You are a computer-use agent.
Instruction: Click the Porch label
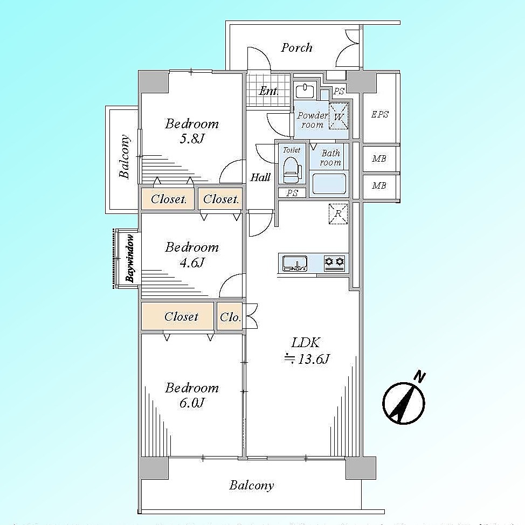point(296,47)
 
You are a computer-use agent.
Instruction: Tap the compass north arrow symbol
point(404,399)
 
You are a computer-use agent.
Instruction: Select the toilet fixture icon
point(291,169)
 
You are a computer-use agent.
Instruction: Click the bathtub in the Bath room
point(329,184)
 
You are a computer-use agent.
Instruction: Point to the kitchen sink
point(295,263)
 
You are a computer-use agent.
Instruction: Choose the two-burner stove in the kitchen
point(335,263)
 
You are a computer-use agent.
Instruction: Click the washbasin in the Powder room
point(305,91)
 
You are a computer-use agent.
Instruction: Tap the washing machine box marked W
point(339,116)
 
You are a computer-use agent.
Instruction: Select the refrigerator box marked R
point(338,213)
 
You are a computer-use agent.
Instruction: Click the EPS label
point(379,114)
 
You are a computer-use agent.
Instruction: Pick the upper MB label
point(379,158)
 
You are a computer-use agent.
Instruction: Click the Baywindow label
point(130,259)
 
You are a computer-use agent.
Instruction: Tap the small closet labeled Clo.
point(230,317)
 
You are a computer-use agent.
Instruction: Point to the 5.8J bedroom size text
point(191,139)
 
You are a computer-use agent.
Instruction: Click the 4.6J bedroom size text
point(191,262)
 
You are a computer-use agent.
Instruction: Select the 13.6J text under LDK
point(307,360)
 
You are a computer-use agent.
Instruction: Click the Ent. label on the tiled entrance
point(268,91)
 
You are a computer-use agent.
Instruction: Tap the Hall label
point(260,177)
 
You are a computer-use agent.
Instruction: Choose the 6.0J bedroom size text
point(191,403)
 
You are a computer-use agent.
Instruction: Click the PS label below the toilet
point(292,193)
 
